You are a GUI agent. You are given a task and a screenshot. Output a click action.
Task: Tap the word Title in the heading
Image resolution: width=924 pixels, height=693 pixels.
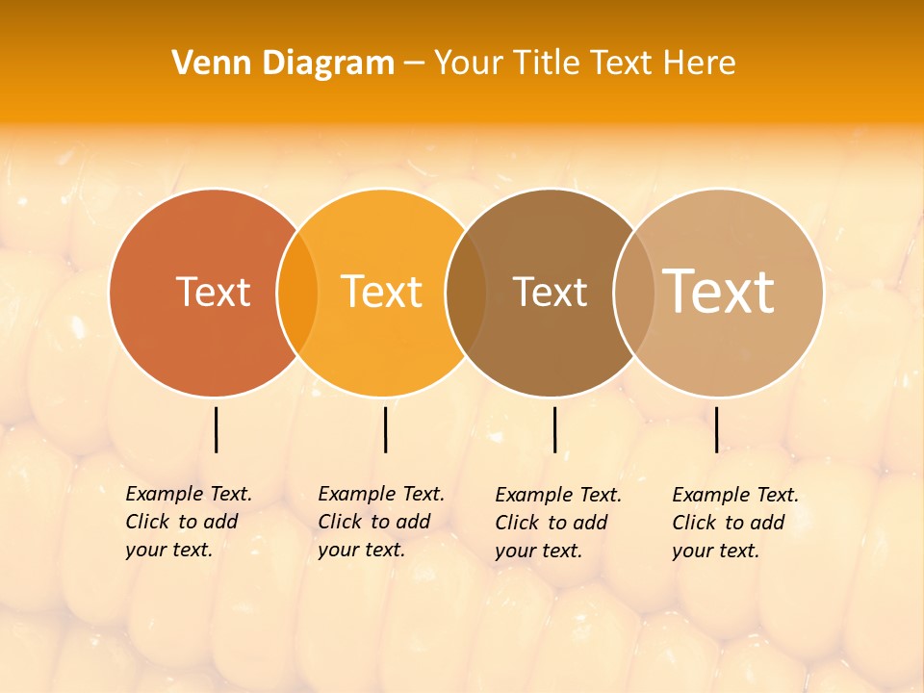[x=549, y=64]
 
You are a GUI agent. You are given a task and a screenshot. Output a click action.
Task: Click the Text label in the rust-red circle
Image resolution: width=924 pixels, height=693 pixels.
[x=213, y=292]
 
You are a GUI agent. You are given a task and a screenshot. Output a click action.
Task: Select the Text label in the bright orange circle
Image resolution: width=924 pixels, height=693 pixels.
[x=381, y=292]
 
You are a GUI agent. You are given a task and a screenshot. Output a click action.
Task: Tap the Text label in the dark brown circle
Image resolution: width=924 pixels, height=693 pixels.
[x=550, y=292]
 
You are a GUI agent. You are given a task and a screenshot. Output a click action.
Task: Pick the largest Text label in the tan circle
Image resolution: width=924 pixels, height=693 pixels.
[x=719, y=292]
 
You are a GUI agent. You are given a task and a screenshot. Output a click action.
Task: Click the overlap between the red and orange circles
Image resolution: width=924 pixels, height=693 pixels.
[x=297, y=292]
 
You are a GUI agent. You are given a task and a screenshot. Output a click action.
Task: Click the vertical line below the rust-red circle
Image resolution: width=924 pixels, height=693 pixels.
[x=216, y=429]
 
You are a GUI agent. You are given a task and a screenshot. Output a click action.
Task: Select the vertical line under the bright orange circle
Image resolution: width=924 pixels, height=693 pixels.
[x=385, y=429]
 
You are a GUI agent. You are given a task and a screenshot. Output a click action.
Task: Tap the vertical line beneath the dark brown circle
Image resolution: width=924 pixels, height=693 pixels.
[x=554, y=429]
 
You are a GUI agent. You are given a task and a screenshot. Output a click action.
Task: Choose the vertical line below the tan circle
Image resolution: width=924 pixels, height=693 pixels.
[x=716, y=429]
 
